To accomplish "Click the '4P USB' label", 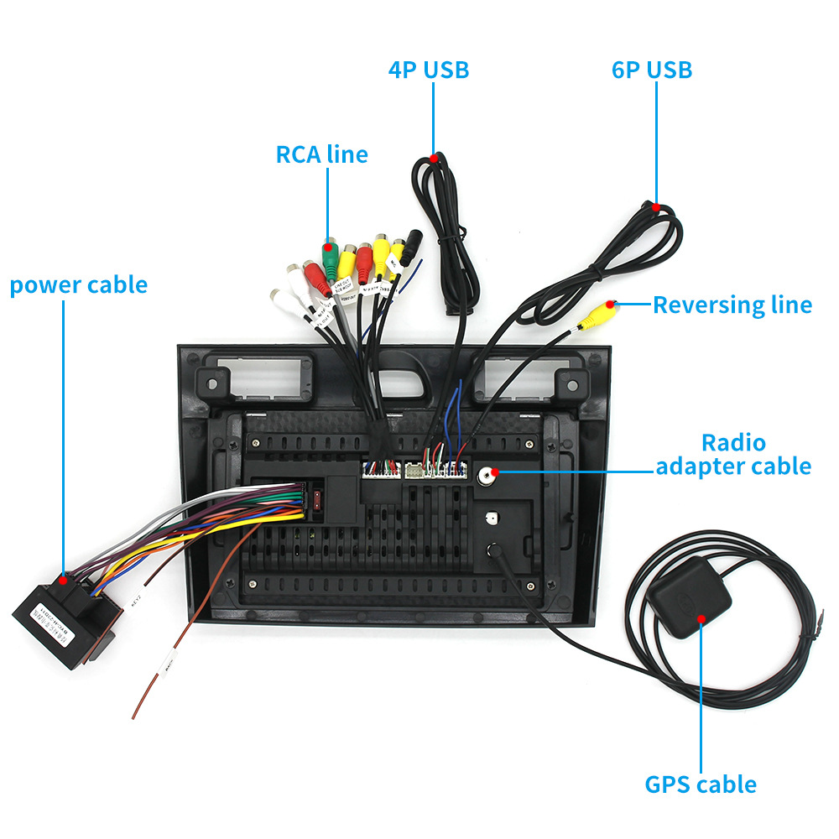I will pos(428,70).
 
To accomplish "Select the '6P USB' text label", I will pos(652,70).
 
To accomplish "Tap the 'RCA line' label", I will pos(321,154).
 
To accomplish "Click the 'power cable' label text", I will pos(78,285).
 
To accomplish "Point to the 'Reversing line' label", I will pos(732,305).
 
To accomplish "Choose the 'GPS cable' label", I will pos(701,784).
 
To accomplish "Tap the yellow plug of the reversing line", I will pos(601,314).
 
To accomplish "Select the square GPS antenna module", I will pos(690,599).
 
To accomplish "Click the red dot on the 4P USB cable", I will pos(433,157).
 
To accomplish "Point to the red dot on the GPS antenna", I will pos(701,618).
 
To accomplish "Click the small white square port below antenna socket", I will pos(490,519).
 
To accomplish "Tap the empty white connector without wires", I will pos(415,471).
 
